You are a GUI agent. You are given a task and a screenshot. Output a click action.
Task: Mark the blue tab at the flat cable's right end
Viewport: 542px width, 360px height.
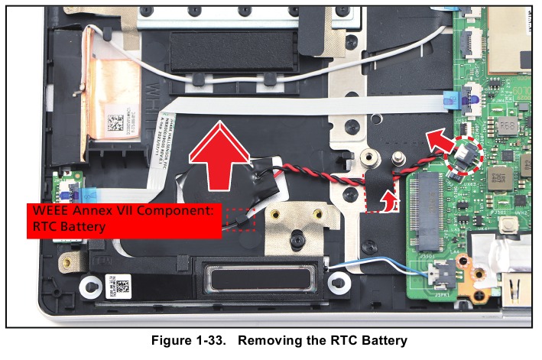[x=448, y=99]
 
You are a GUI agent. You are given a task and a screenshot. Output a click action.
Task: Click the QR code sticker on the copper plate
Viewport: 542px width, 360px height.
[x=123, y=123]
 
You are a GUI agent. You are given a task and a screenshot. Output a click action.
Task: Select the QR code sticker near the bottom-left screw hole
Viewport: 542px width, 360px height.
[x=123, y=288]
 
